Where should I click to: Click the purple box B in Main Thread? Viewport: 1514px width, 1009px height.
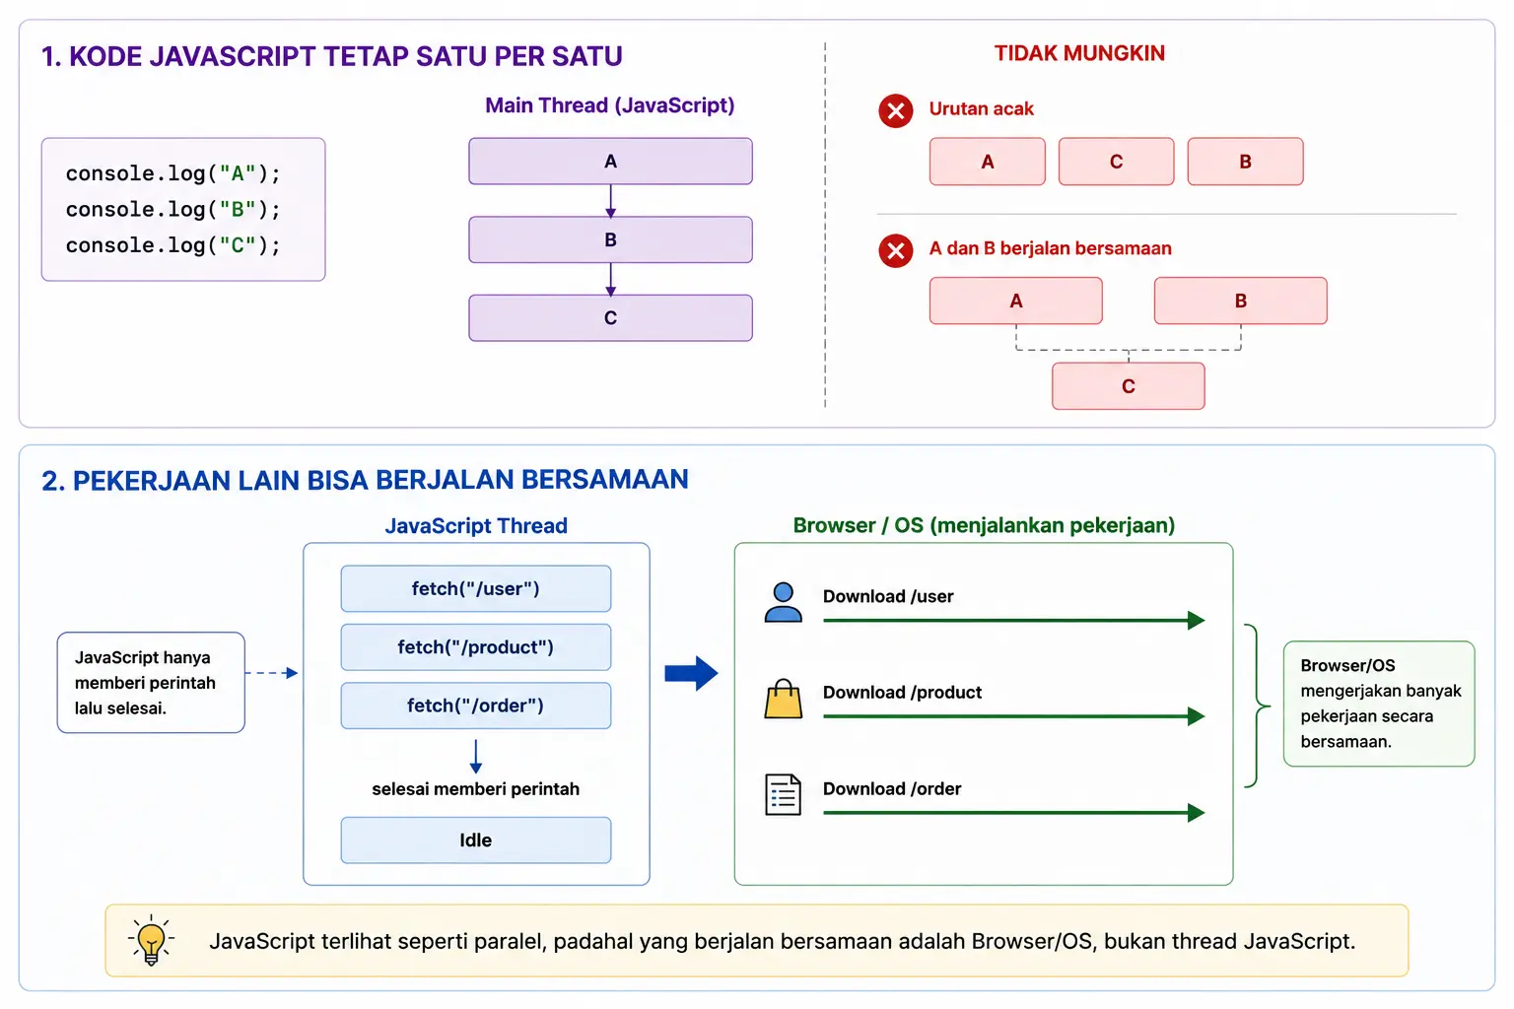pos(610,239)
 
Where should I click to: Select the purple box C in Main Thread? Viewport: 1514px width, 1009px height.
pos(610,317)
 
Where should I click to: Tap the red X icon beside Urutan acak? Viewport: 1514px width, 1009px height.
pos(896,110)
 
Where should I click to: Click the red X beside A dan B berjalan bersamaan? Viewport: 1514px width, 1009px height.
pos(896,250)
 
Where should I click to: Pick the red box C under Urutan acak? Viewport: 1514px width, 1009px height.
pos(1116,162)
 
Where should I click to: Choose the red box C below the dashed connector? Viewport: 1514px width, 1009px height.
pos(1128,386)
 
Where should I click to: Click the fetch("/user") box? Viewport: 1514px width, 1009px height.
pos(476,588)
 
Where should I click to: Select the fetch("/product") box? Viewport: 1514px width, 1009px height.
pos(476,646)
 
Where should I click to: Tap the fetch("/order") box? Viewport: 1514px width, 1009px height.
pos(476,706)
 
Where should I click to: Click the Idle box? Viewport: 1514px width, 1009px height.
pos(476,841)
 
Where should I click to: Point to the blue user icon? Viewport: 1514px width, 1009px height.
pos(784,601)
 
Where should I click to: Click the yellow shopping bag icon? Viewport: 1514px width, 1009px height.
pos(784,699)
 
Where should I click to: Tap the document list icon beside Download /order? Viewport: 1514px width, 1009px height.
pos(784,795)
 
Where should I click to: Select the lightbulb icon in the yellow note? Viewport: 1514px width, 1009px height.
pos(151,940)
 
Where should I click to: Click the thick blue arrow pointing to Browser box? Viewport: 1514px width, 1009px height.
pos(691,673)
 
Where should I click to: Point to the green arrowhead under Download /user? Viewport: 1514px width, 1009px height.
pos(1197,621)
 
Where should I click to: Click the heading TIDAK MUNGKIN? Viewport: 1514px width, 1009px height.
pos(1079,53)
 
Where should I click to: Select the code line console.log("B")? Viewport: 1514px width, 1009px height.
pos(173,210)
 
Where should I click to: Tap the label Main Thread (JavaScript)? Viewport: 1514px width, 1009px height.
pos(610,105)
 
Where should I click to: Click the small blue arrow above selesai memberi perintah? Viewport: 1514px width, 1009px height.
pos(476,756)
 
